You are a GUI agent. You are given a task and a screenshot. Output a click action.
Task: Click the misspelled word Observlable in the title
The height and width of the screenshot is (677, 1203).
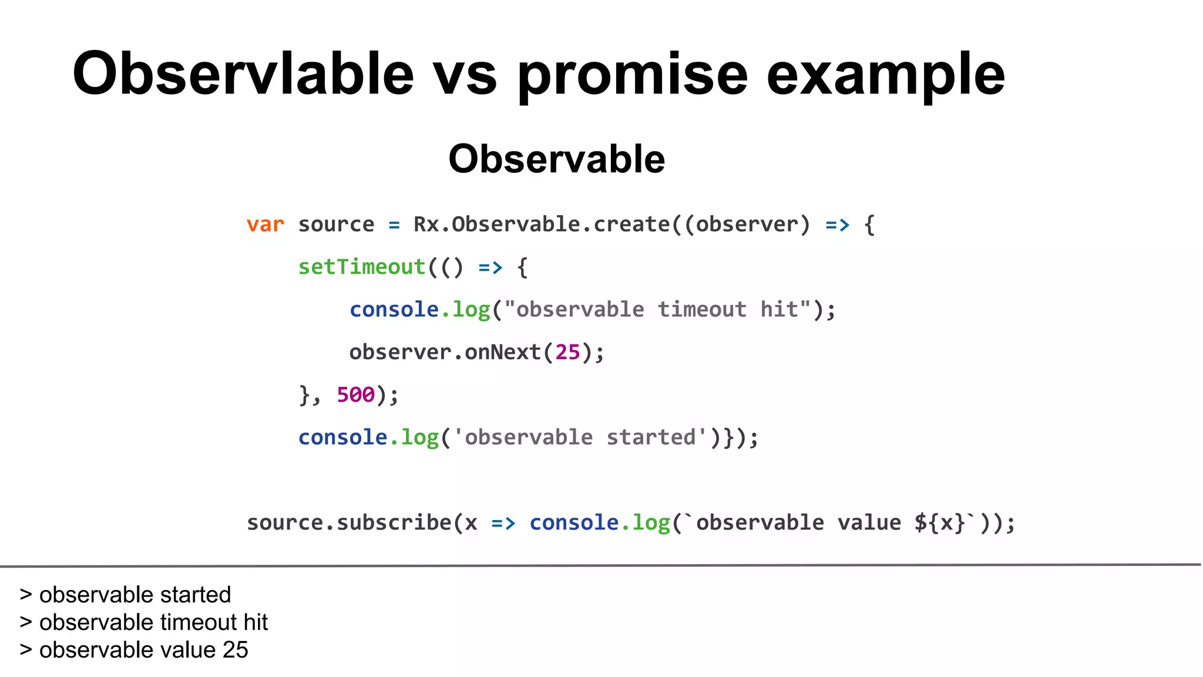click(243, 74)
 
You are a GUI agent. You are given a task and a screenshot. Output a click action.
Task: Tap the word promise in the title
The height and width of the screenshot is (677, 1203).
click(632, 75)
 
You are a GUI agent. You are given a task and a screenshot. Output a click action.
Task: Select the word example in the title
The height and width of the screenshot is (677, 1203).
click(885, 75)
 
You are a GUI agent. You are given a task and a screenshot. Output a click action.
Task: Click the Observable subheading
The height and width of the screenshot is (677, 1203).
click(556, 159)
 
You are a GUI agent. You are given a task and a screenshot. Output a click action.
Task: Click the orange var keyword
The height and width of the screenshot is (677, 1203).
click(265, 224)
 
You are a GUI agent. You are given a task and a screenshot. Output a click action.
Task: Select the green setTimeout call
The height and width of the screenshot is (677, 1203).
click(361, 267)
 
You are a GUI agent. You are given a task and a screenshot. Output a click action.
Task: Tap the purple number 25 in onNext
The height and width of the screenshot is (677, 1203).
click(567, 353)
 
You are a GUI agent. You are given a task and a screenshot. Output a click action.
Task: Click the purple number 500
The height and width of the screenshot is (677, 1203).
click(355, 395)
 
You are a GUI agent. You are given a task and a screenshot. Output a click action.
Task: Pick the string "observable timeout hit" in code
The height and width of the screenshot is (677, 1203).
click(657, 310)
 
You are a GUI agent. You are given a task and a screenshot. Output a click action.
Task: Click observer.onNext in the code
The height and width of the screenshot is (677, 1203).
click(445, 353)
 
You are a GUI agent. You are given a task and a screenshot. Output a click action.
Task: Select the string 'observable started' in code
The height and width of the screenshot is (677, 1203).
click(580, 438)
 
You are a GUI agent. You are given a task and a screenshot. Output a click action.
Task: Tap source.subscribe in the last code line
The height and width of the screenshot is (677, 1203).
click(349, 523)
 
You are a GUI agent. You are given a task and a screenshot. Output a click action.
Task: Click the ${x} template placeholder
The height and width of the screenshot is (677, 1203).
click(939, 523)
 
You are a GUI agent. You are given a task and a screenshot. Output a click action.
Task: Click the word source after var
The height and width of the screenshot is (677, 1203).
click(336, 224)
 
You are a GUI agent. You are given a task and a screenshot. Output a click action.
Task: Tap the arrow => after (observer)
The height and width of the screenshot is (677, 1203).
click(837, 224)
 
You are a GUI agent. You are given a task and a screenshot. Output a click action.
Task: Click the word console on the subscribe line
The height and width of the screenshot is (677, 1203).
click(574, 523)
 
